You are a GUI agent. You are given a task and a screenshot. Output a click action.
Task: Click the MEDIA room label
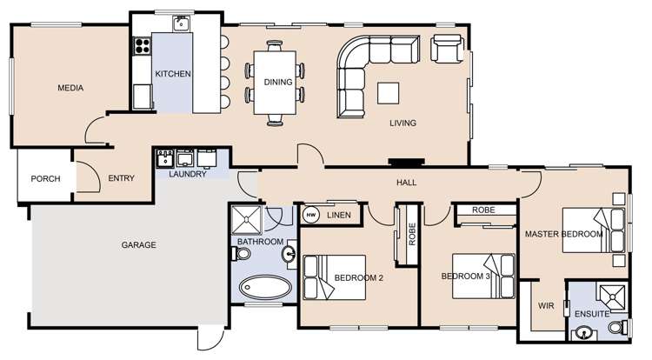[x=70, y=88]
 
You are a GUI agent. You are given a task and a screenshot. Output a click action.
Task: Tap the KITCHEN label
[x=173, y=75]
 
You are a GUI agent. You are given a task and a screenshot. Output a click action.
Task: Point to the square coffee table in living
[x=389, y=92]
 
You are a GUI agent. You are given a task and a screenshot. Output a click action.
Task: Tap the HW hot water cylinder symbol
[x=310, y=215]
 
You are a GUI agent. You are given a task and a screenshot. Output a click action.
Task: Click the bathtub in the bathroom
[x=265, y=288]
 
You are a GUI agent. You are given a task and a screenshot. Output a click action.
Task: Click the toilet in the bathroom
[x=241, y=254]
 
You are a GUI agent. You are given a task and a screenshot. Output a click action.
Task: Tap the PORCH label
[x=45, y=179]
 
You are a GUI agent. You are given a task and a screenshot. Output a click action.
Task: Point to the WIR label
[x=546, y=306]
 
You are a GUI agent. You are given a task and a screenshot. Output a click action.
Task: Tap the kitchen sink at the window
[x=182, y=23]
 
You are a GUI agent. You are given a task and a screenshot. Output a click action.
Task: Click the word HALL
[x=406, y=183]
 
